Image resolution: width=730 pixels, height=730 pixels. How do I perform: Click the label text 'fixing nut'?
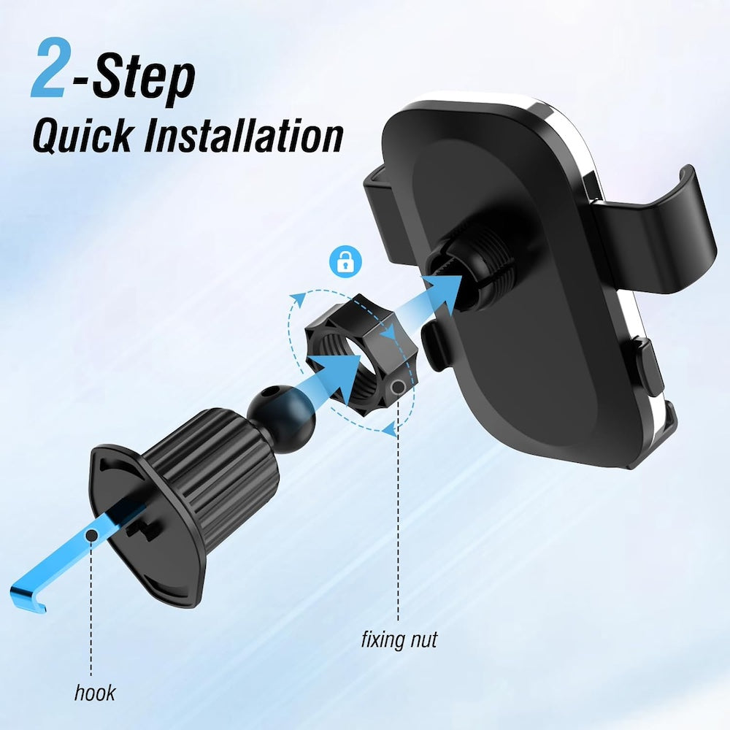(399, 640)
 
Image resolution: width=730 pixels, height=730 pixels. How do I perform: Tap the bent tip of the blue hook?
(29, 598)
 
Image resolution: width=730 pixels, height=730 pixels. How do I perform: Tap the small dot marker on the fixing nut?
(399, 385)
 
